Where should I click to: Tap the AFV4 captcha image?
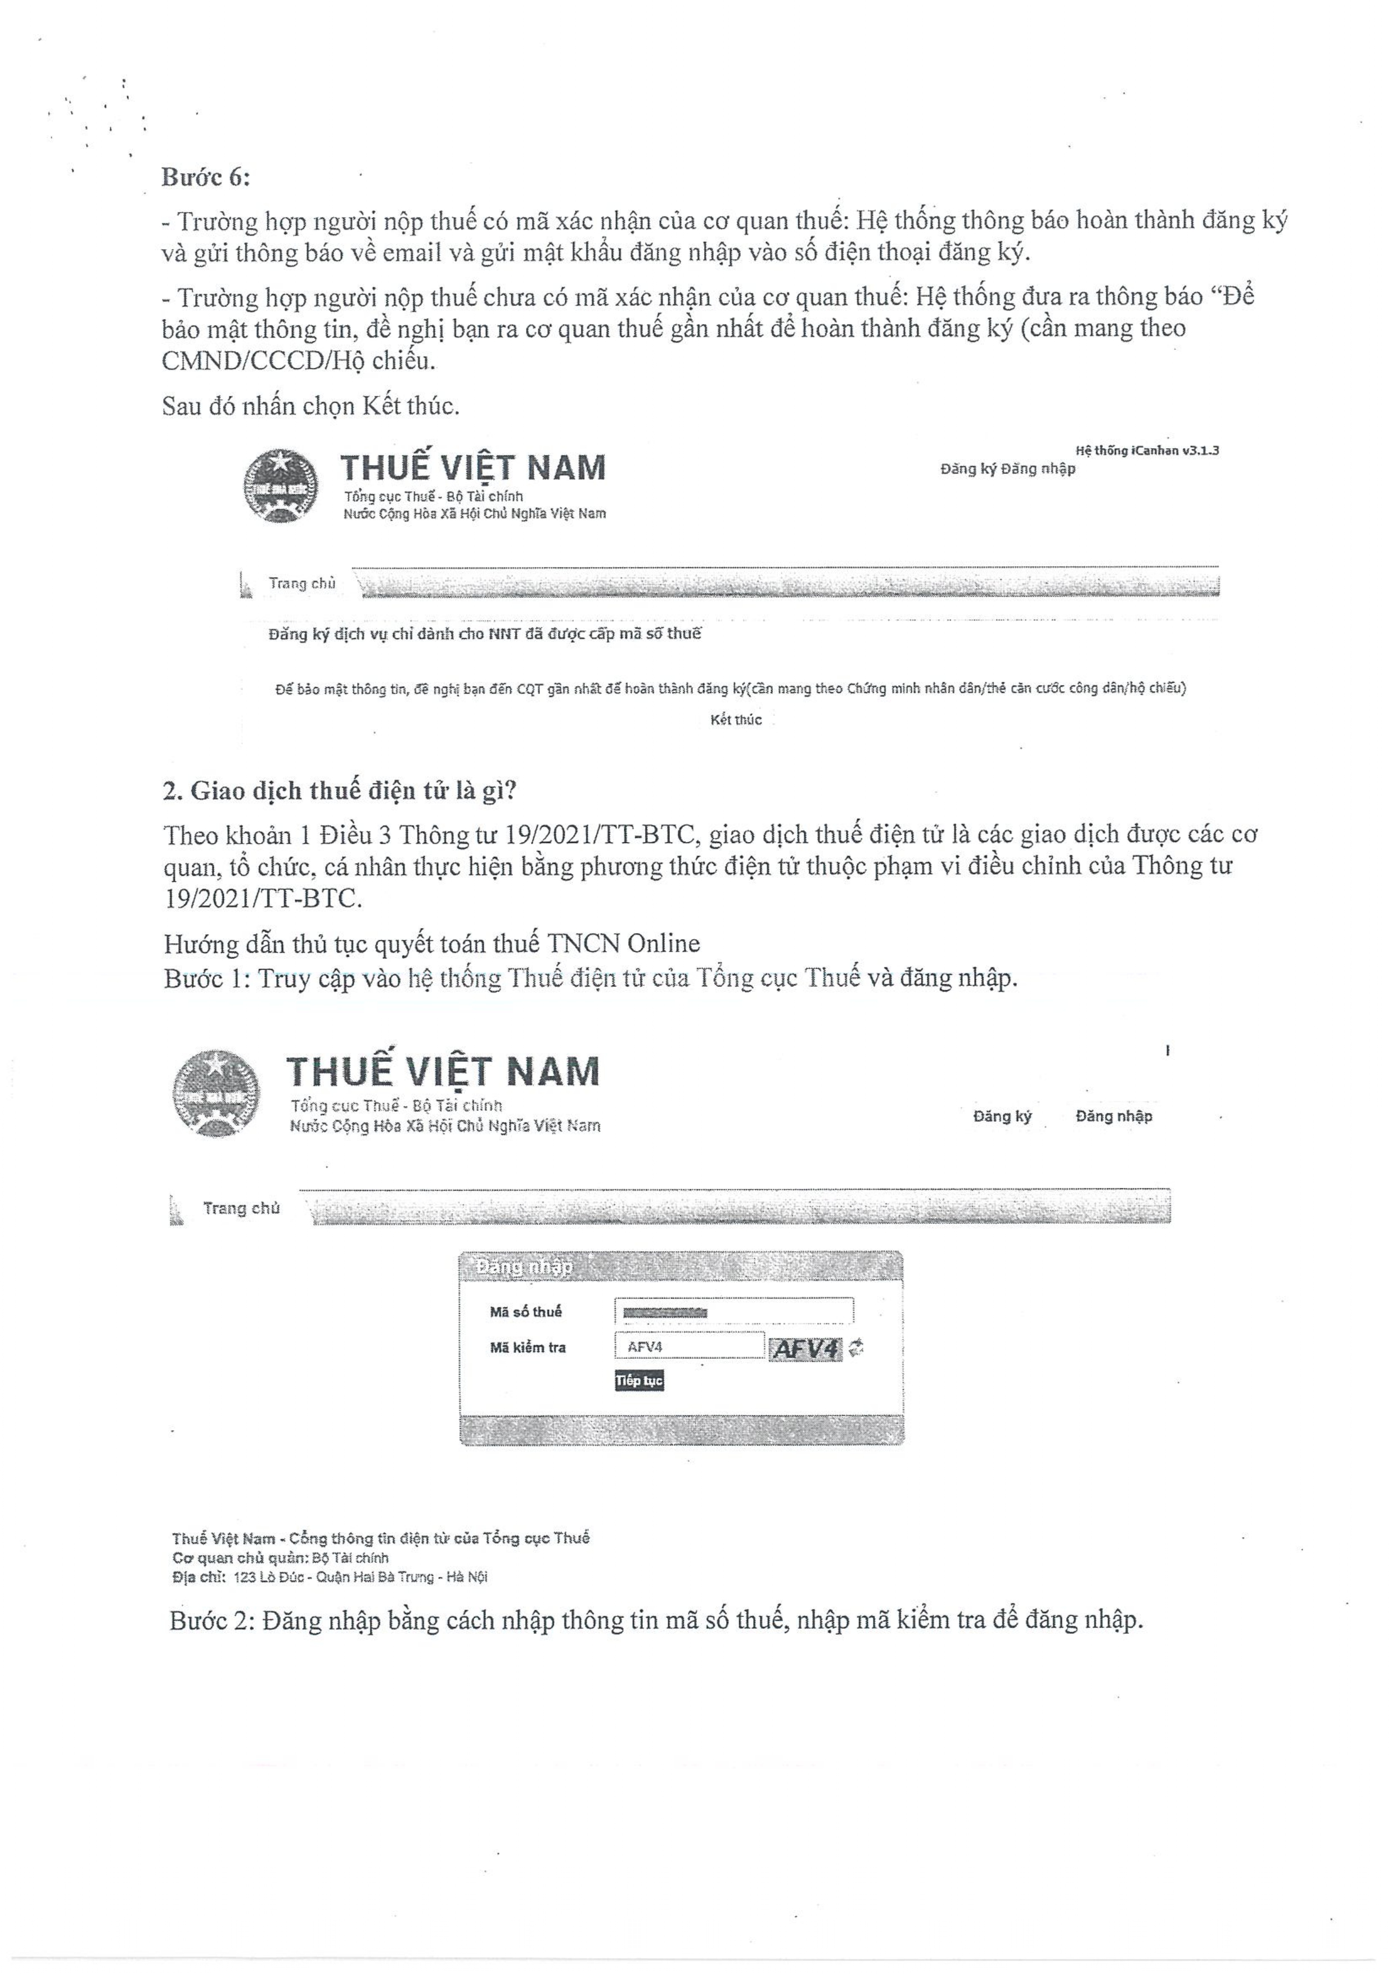805,1349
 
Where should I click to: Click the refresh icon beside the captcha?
855,1348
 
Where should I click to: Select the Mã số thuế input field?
733,1311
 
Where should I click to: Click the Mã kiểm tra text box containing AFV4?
688,1347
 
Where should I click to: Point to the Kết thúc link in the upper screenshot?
736,720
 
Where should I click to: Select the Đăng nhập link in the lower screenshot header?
1113,1116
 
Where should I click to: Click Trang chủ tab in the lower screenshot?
241,1208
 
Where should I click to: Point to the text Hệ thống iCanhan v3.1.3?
1147,450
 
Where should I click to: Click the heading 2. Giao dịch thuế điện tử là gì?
340,790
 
